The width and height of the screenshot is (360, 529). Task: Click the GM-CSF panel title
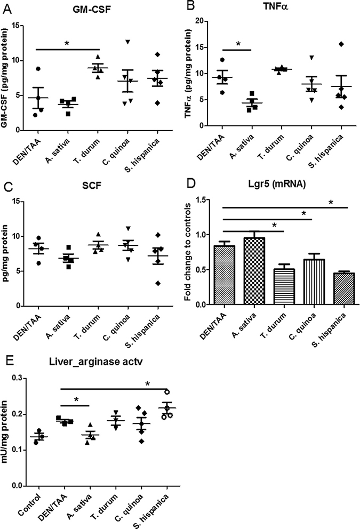tap(91, 10)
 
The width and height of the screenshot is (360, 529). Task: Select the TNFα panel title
tap(276, 6)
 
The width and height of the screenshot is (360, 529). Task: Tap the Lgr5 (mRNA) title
tap(276, 184)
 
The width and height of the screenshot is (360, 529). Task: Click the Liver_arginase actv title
tap(96, 362)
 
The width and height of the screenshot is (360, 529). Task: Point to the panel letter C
tap(7, 187)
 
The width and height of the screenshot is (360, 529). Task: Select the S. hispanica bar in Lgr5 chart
tap(344, 289)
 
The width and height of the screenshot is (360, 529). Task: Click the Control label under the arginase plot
tap(30, 504)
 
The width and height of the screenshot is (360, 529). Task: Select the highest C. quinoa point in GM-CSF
tap(127, 42)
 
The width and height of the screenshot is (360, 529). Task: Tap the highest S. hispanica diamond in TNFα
tap(341, 44)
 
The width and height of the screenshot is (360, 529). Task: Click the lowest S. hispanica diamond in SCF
tap(158, 283)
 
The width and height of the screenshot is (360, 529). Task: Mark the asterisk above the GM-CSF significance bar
tap(67, 44)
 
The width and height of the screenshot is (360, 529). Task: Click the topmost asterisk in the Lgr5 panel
tap(331, 202)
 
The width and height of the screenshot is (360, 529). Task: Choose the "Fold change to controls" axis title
tap(188, 252)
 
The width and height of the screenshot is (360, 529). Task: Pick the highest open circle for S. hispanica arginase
tap(167, 392)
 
